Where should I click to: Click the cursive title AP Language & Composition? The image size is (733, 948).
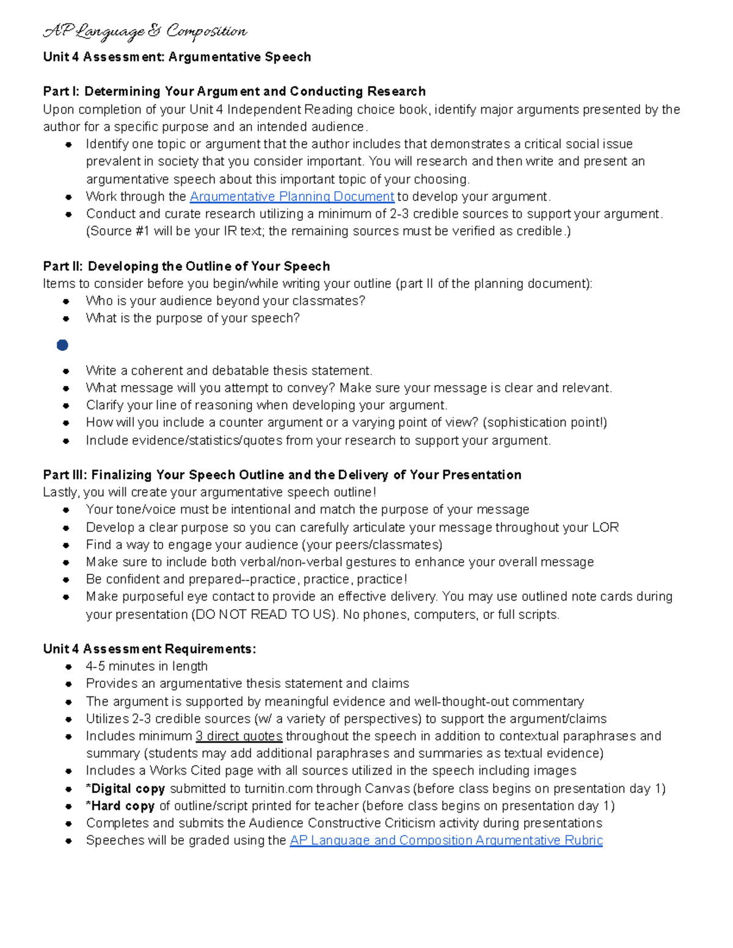145,31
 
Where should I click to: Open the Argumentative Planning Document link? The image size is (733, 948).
292,197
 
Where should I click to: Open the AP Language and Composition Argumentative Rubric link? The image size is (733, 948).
446,841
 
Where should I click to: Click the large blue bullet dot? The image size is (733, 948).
62,346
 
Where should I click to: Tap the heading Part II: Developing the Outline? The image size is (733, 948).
186,266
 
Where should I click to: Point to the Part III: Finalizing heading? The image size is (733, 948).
282,475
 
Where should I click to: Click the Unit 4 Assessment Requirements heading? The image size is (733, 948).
149,649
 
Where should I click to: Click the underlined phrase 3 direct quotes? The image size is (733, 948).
239,736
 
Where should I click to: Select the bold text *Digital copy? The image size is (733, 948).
125,789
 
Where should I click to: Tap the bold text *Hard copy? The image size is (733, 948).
120,806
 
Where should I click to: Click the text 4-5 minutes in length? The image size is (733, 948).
147,667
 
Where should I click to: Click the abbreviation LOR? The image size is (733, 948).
605,527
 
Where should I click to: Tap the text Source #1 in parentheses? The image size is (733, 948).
111,231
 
